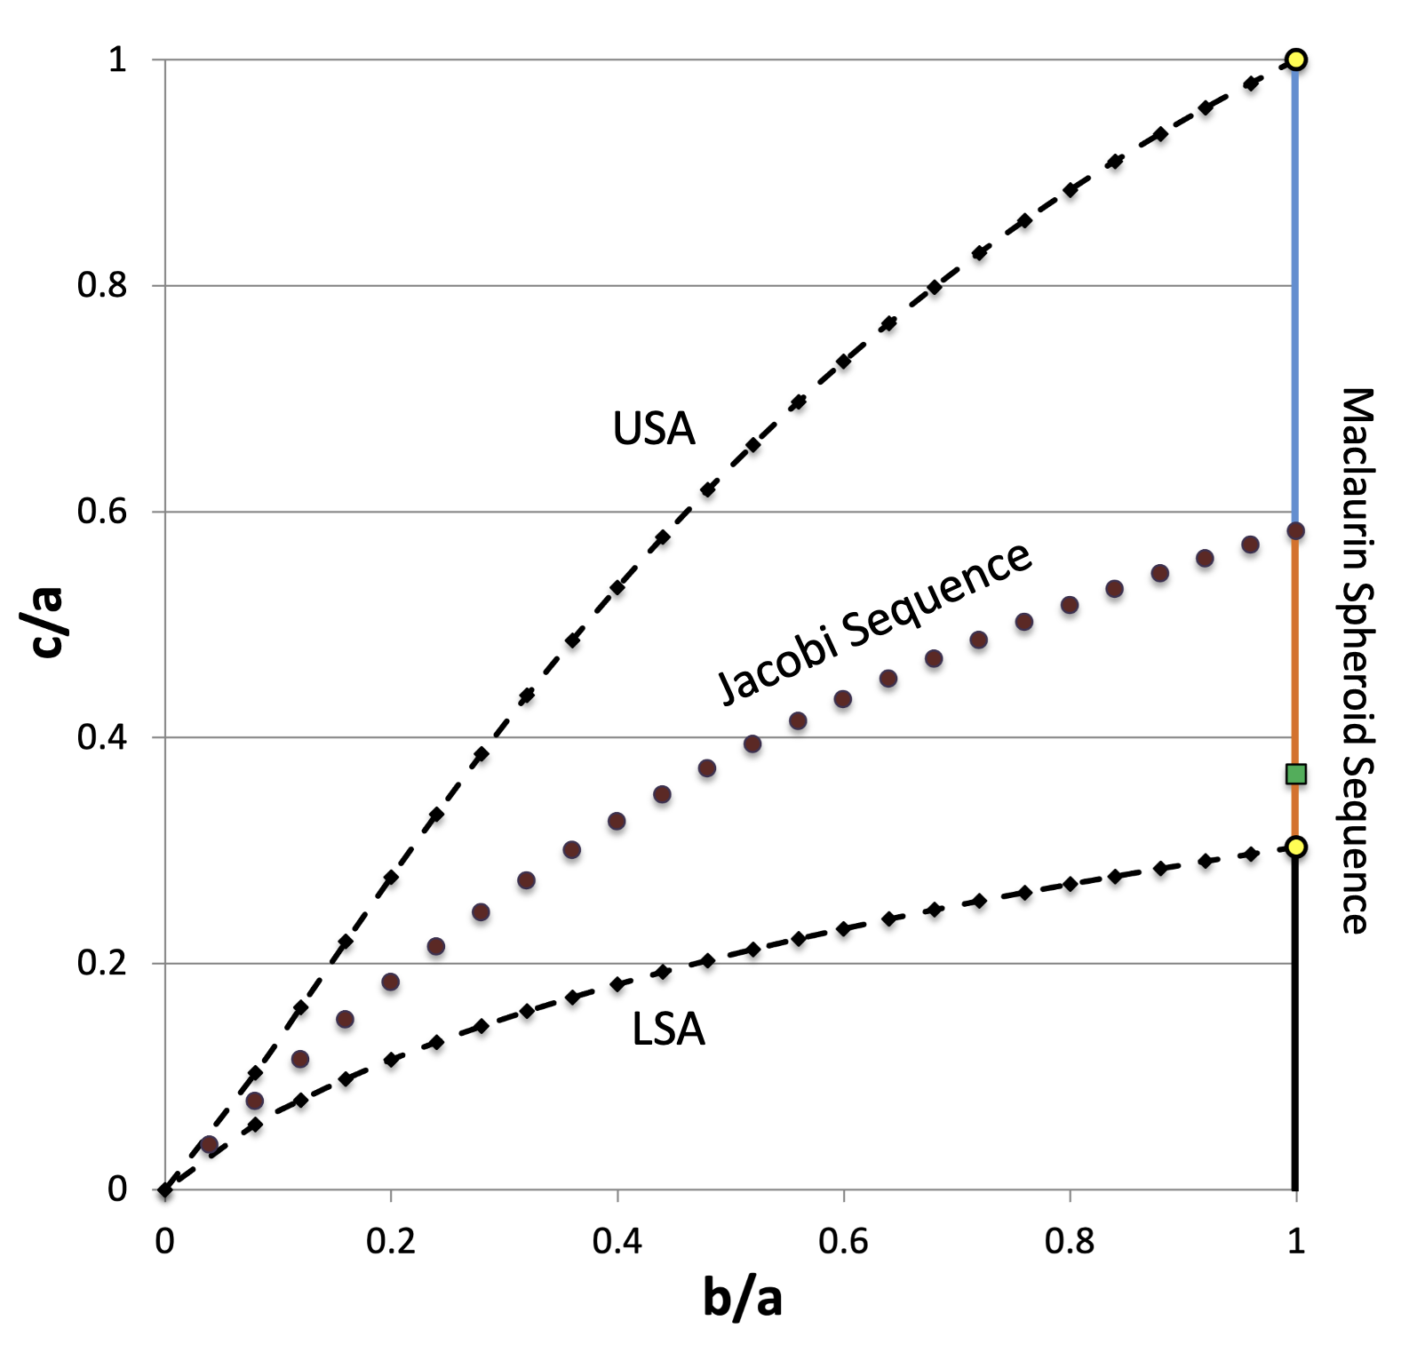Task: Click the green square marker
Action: (x=1295, y=775)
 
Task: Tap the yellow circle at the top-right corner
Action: (x=1295, y=60)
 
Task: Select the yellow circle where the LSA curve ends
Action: (x=1295, y=847)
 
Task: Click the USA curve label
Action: (x=654, y=429)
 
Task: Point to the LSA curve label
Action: (x=668, y=1030)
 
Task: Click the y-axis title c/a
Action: (x=46, y=622)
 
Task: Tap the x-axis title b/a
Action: (x=742, y=1298)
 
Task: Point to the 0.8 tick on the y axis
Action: (x=101, y=286)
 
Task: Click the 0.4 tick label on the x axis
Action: (x=617, y=1241)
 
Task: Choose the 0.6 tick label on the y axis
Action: (x=101, y=512)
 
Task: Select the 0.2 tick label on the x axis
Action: (x=391, y=1241)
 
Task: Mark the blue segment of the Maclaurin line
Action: (x=1294, y=293)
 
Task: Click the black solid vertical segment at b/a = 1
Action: (x=1294, y=1022)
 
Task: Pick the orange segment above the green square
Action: (x=1294, y=648)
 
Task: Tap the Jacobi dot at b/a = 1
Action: (x=1295, y=531)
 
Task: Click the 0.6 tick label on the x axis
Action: (x=843, y=1241)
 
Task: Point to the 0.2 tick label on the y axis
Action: (x=101, y=963)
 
